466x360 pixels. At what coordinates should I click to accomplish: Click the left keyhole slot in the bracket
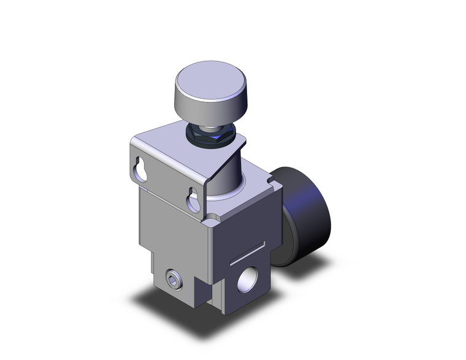point(142,169)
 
